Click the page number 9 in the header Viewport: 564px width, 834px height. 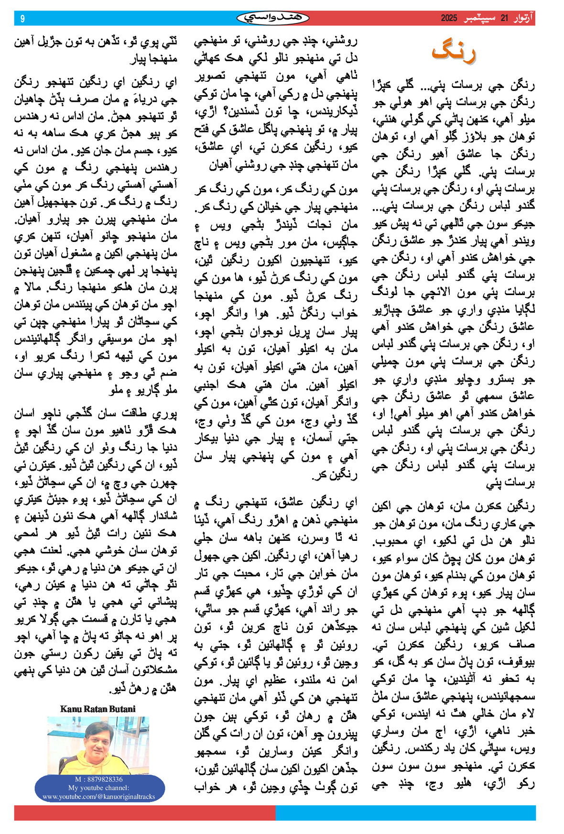[x=22, y=19]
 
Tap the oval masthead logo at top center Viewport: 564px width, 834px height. [x=273, y=18]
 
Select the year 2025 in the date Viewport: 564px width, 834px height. [x=449, y=19]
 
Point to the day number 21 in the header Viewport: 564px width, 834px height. [x=504, y=19]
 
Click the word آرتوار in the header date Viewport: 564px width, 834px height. [x=522, y=19]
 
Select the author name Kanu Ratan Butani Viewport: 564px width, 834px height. [x=98, y=709]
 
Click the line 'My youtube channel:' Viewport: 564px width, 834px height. [x=98, y=788]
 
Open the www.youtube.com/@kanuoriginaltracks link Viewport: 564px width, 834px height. [x=98, y=797]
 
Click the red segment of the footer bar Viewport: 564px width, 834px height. [x=143, y=813]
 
